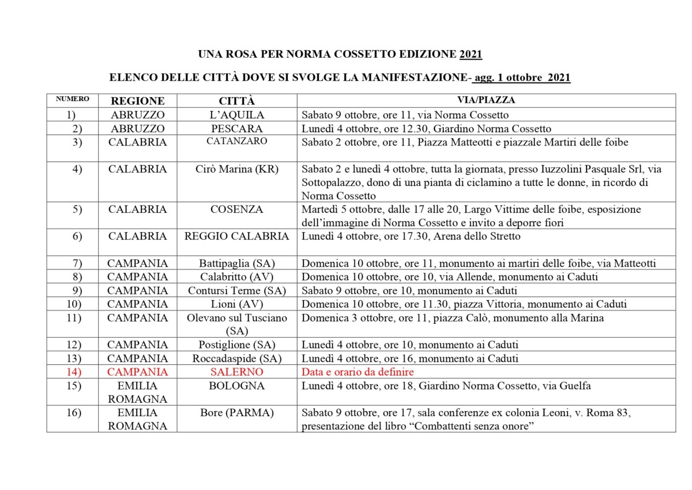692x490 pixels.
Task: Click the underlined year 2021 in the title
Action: click(x=471, y=55)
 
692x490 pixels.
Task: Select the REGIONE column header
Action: click(x=138, y=100)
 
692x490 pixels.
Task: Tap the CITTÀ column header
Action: click(x=236, y=100)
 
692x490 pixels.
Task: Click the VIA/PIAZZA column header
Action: click(x=486, y=100)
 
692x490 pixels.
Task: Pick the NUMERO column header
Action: click(x=73, y=99)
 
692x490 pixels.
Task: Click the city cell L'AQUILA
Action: click(x=236, y=115)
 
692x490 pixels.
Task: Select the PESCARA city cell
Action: click(x=236, y=129)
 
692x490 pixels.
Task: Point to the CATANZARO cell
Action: click(x=236, y=141)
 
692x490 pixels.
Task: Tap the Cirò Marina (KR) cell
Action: click(x=236, y=169)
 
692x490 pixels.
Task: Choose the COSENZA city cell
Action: click(x=236, y=210)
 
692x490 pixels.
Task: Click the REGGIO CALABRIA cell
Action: click(x=236, y=236)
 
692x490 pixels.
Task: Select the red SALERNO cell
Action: click(x=236, y=372)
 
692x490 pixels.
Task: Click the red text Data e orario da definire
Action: click(x=358, y=372)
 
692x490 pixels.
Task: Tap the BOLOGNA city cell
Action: click(x=236, y=386)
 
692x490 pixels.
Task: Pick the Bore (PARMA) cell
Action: click(x=236, y=413)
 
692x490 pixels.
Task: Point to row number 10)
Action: click(x=73, y=304)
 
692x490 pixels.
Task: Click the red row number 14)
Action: click(x=73, y=372)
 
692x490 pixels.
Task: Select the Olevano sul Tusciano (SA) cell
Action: click(x=236, y=324)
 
